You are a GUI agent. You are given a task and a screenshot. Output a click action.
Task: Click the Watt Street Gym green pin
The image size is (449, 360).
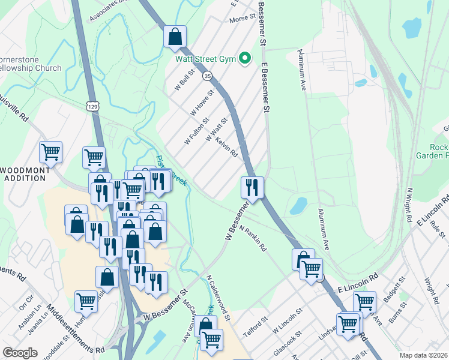point(244,59)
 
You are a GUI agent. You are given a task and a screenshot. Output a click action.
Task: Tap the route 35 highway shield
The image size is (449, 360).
point(208,76)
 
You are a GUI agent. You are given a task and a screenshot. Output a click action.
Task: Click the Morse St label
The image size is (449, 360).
point(243,20)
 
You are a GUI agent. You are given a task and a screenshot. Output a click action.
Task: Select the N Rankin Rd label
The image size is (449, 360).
point(253,238)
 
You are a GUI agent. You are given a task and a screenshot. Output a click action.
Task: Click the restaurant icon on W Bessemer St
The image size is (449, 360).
point(252,188)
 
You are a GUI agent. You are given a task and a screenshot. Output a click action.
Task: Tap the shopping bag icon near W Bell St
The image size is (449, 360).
point(175,36)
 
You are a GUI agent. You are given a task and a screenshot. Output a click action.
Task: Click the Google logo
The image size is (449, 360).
point(19,353)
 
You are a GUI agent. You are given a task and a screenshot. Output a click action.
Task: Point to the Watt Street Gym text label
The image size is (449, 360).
point(205,59)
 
